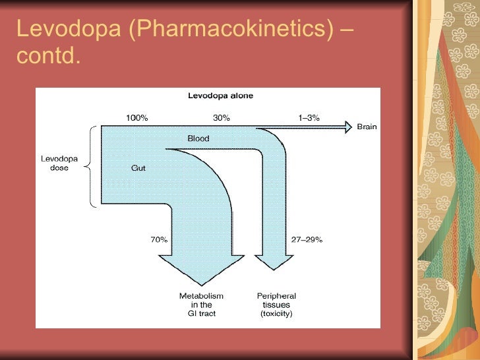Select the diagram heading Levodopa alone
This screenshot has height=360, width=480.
tap(221, 96)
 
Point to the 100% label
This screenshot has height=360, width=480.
tap(137, 118)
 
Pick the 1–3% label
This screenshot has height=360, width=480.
tap(309, 118)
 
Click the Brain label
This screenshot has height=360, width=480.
tap(367, 127)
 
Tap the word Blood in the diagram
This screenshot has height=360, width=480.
tap(198, 138)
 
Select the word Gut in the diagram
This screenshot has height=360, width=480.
tap(138, 167)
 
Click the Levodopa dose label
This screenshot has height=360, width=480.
tap(59, 163)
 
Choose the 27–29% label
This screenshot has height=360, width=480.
tap(307, 240)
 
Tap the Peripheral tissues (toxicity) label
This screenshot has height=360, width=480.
tap(276, 305)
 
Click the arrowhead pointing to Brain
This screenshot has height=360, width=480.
tap(347, 127)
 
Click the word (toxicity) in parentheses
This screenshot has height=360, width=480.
tap(276, 314)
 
